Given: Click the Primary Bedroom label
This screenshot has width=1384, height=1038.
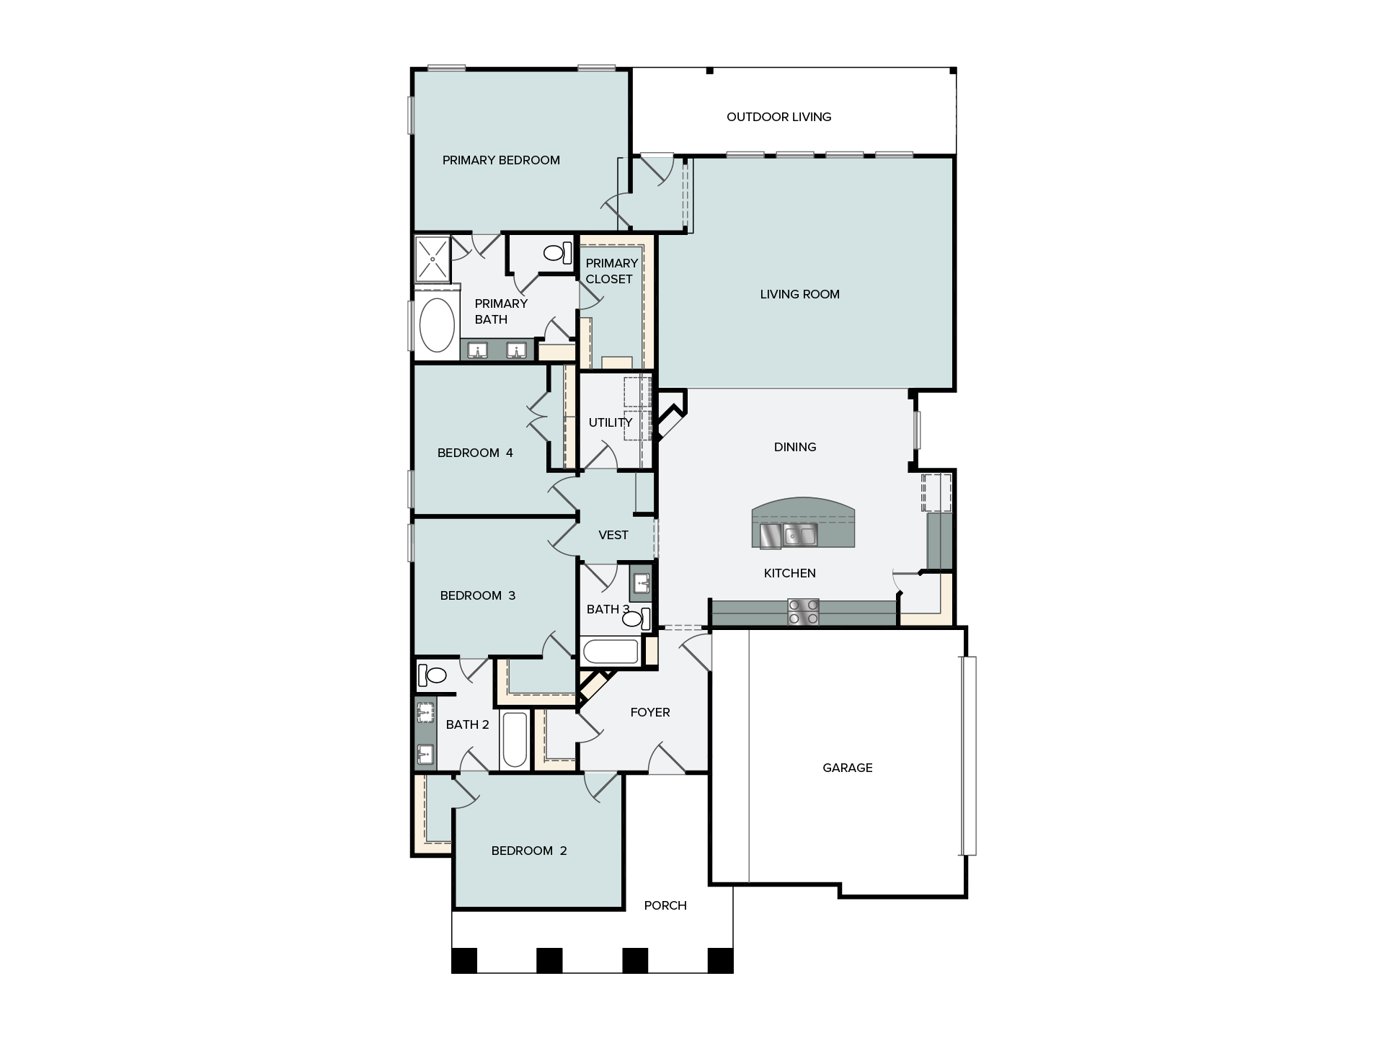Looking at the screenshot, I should click(501, 160).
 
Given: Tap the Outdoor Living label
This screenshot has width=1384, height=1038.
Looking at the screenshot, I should click(778, 117).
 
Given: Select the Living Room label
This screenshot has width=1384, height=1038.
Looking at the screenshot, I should click(799, 294).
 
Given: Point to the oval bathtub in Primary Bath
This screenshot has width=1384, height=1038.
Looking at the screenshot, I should click(437, 325).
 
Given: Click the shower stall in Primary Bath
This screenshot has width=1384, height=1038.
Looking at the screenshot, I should click(432, 257).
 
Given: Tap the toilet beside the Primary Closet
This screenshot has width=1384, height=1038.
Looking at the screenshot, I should click(556, 252).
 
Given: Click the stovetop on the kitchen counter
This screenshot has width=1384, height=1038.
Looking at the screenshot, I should click(803, 611).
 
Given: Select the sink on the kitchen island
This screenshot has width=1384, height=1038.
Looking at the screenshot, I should click(800, 535).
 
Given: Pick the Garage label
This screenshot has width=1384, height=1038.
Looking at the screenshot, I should click(847, 768).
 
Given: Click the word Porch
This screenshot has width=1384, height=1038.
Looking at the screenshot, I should click(665, 905).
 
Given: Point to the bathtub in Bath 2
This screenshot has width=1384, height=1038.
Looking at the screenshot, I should click(515, 740).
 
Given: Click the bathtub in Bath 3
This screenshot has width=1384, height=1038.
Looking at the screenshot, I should click(610, 652).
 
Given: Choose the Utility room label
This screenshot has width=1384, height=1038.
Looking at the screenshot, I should click(610, 422).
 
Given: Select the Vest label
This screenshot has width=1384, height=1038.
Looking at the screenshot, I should click(613, 535).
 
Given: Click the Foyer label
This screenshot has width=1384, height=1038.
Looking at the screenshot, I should click(649, 712).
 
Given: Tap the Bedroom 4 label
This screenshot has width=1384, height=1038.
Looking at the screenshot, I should click(475, 453).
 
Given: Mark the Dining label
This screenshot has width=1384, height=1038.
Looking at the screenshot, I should click(794, 447).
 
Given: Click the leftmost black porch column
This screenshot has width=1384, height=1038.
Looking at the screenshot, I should click(464, 960).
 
